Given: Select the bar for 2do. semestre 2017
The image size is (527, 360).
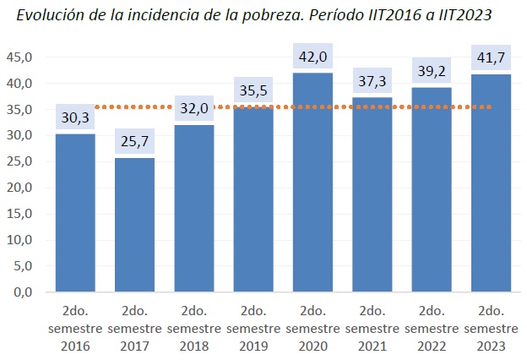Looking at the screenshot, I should pos(134,225).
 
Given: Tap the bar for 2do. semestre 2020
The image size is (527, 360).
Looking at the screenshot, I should pos(312,183).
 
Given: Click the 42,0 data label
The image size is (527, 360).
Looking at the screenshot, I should pos(312,57).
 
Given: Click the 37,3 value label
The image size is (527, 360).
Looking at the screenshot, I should pos(372,82).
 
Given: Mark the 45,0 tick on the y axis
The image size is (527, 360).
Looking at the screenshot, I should pos(19,57).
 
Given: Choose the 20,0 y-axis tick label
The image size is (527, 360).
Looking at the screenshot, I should pos(19,188).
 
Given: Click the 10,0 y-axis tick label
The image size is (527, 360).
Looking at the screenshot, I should pos(19,240).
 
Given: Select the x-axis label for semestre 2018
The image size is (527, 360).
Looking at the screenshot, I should pos(193,328).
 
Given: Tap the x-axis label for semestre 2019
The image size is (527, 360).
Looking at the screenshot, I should pos(253,328).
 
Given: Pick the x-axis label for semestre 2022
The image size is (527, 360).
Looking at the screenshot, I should pos(431,328).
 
